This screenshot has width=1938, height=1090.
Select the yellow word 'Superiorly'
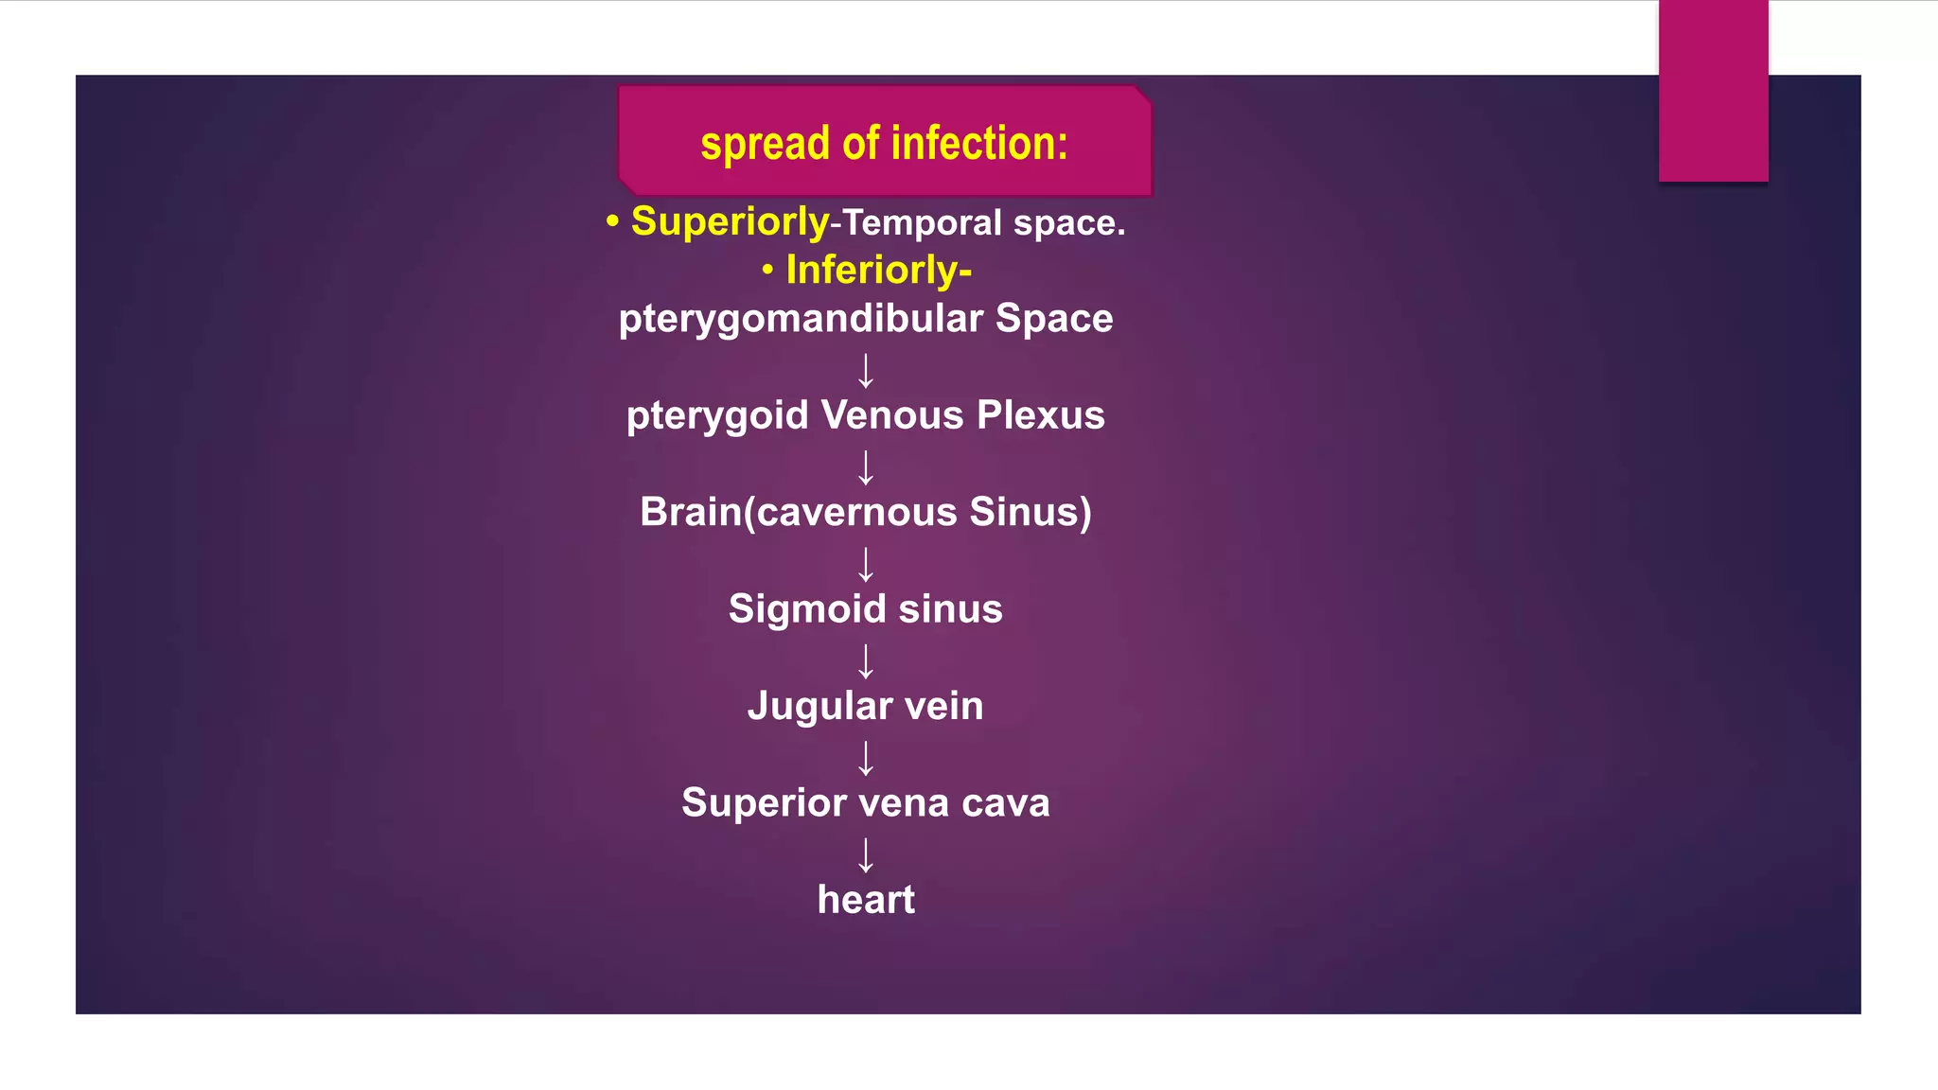(730, 222)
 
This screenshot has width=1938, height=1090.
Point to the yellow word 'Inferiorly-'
(878, 271)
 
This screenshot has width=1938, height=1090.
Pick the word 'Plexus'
(1040, 415)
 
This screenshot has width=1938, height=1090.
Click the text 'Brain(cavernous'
(799, 513)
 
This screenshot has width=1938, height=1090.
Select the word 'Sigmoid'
(807, 609)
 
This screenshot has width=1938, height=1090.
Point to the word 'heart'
(866, 900)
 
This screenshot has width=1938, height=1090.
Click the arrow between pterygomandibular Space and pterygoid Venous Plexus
(866, 371)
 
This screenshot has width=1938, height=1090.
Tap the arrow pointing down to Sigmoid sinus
(866, 565)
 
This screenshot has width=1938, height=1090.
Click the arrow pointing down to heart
(866, 855)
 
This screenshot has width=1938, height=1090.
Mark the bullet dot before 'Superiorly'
(612, 222)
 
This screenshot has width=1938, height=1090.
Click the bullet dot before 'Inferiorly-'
(767, 271)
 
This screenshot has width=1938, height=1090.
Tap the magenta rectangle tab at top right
(1713, 90)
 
